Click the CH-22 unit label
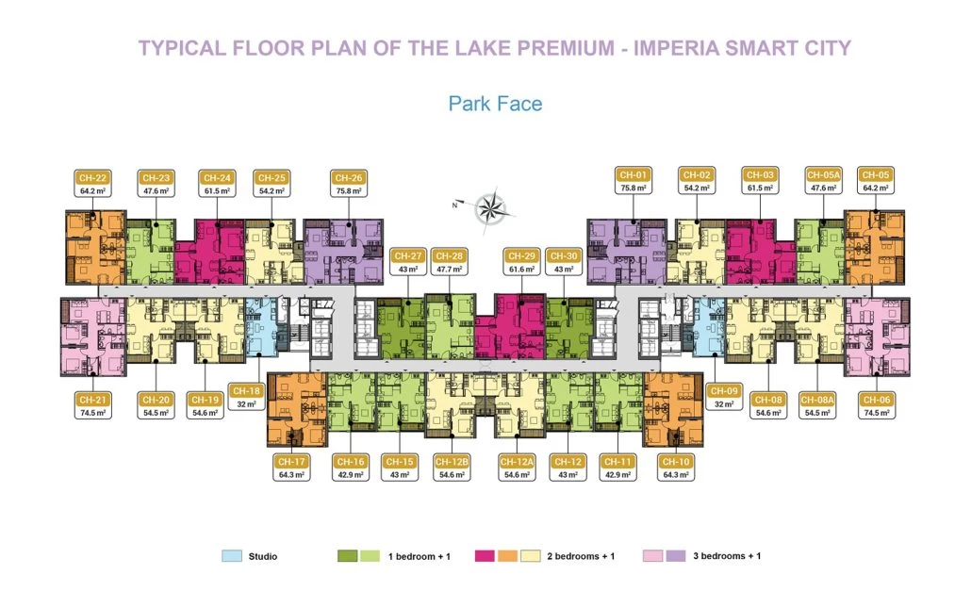point(92,175)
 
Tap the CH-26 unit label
point(349,175)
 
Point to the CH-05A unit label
point(820,175)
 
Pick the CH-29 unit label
point(521,255)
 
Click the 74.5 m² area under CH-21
point(91,412)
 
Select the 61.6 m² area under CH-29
point(521,269)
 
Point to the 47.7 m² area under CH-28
point(449,269)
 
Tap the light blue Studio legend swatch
point(232,556)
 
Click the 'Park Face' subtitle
point(495,103)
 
